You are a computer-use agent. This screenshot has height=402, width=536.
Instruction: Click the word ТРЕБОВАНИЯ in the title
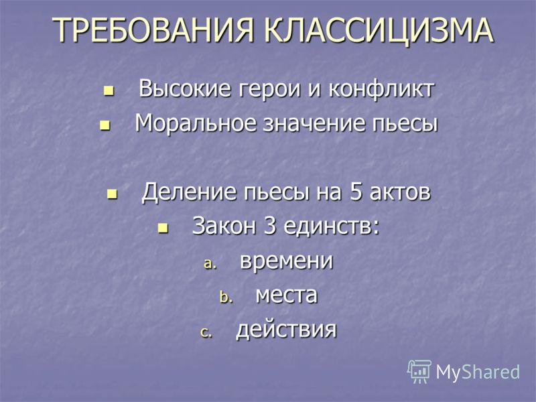tap(153, 29)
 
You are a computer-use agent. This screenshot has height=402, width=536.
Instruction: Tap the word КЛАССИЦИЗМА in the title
tap(378, 30)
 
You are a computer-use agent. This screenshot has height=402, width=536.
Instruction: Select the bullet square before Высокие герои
tap(109, 91)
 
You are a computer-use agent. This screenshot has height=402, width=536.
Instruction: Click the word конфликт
tap(381, 89)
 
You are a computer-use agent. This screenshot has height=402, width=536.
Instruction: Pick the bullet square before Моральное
tap(105, 125)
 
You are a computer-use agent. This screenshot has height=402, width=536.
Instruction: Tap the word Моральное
tap(196, 123)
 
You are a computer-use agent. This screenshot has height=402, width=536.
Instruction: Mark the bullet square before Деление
tap(112, 194)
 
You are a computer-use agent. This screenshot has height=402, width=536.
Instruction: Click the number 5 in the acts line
tap(356, 192)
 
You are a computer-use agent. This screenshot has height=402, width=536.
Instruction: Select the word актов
tap(400, 192)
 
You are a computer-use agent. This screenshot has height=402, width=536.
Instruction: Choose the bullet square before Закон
tap(163, 228)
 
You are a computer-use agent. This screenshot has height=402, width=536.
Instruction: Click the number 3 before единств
tap(270, 226)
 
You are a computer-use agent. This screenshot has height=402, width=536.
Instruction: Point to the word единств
tap(331, 226)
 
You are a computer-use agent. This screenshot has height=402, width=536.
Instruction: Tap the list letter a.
tap(210, 263)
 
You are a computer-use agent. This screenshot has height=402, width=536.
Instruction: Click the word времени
tap(287, 261)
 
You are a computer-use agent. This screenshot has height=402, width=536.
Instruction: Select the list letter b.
tap(226, 297)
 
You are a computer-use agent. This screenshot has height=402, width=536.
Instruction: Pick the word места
tap(287, 296)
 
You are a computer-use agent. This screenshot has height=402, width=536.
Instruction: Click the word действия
tap(287, 330)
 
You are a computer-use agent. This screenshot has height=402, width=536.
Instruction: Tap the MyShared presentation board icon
tap(419, 371)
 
